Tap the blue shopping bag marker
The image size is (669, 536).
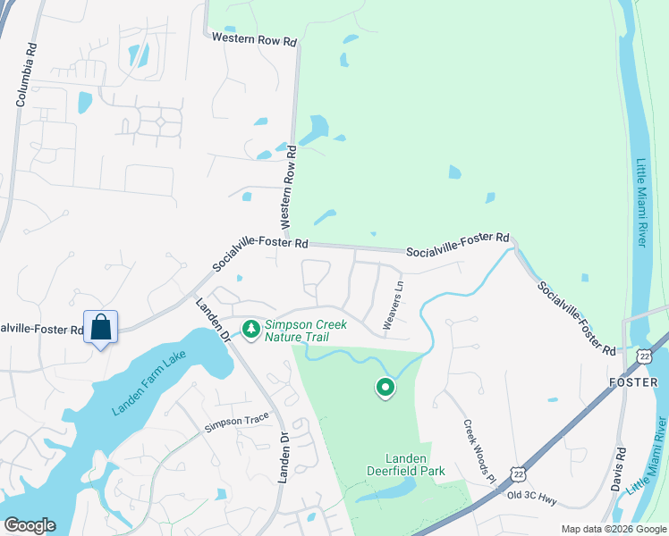101,327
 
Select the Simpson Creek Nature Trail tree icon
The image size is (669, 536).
251,330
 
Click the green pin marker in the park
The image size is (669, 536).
385,388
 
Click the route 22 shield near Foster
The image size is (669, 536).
645,356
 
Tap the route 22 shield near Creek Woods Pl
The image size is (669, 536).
518,472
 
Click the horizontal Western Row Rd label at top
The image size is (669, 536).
254,38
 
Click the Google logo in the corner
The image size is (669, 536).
30,525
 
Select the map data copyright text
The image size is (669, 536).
614,529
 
